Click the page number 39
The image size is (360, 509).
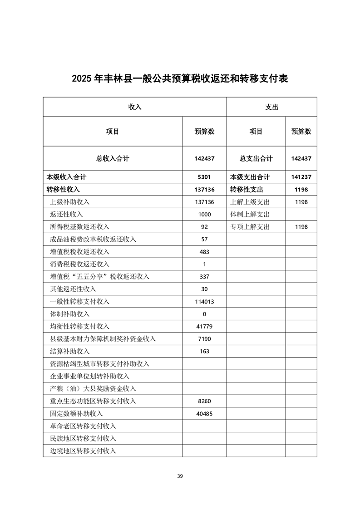[180, 476]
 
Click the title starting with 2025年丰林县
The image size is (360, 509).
[180, 78]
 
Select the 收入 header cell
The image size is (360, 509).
[135, 107]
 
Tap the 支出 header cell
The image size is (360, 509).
[271, 107]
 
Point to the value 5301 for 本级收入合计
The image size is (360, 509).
[204, 177]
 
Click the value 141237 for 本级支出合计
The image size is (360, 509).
[301, 177]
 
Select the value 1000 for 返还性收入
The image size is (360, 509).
[204, 214]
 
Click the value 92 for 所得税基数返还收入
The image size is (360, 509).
[204, 227]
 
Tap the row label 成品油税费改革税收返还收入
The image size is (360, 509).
[93, 239]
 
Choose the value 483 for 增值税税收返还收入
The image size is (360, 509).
[204, 252]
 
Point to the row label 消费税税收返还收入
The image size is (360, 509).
[79, 264]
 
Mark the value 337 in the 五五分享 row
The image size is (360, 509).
[204, 277]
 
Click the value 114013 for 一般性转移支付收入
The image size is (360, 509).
[204, 302]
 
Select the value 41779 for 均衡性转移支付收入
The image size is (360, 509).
[204, 326]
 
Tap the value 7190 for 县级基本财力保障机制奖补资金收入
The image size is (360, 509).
[204, 339]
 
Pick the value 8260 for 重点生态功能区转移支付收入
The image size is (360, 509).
[204, 401]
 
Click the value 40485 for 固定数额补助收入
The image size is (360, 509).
[204, 414]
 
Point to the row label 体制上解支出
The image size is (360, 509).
[250, 214]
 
